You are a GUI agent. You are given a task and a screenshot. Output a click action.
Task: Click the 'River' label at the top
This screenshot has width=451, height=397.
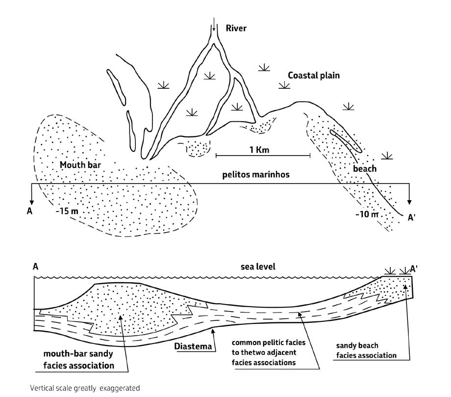[x=236, y=28]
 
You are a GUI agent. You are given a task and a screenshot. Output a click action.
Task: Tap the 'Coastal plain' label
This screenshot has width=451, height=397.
[x=314, y=76]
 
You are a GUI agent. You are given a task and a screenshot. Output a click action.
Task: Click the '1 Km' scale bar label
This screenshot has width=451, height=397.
[x=259, y=150]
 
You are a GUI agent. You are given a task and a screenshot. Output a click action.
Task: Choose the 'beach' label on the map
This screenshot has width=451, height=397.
[x=365, y=169]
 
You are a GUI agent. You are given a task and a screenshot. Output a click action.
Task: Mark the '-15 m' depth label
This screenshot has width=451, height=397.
[x=67, y=211]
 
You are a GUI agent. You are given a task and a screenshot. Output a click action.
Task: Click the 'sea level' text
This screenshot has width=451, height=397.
[x=258, y=266]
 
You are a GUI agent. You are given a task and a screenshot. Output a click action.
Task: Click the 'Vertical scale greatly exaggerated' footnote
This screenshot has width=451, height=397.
[x=85, y=388]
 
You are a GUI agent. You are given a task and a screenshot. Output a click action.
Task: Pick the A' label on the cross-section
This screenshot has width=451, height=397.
[x=414, y=269]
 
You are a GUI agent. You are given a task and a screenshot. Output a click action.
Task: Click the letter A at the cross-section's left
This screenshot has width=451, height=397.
[x=35, y=267]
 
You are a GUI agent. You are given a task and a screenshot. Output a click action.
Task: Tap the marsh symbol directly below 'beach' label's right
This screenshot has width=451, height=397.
[x=387, y=156]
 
